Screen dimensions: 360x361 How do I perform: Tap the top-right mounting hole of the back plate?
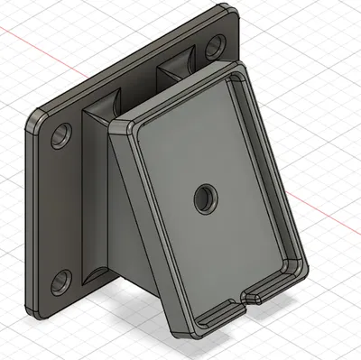(x=217, y=45)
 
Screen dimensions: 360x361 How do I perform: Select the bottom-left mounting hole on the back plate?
(x=60, y=282)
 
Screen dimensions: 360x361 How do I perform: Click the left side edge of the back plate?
(x=25, y=217)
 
